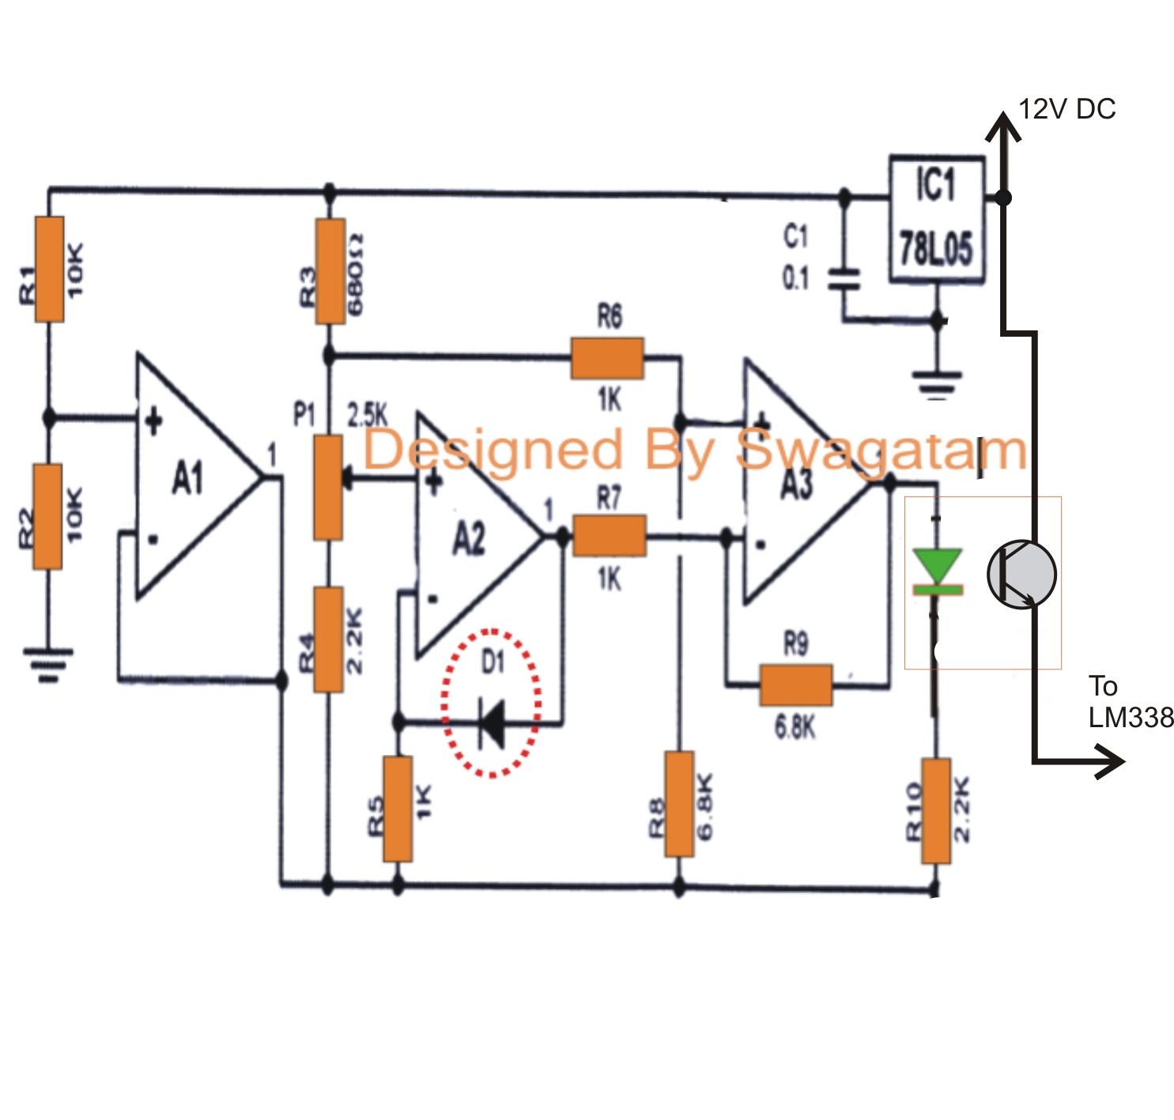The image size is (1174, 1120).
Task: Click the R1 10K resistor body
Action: (50, 270)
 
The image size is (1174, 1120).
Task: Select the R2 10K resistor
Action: (47, 516)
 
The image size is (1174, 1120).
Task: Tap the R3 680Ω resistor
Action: (330, 271)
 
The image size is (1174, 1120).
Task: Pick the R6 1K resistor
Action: (607, 358)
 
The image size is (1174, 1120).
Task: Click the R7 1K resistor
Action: (609, 536)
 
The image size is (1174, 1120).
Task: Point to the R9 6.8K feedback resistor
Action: (796, 684)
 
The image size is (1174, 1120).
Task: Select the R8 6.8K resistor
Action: (680, 804)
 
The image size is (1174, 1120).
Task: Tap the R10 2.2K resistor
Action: (936, 811)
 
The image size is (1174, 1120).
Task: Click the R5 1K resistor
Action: (398, 809)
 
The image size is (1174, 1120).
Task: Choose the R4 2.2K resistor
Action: (328, 639)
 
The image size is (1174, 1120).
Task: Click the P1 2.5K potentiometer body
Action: (328, 487)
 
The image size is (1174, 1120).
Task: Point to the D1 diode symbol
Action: (493, 724)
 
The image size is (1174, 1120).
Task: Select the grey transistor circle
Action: (1021, 575)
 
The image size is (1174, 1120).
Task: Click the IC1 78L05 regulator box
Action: (937, 219)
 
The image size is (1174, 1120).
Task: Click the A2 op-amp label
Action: (469, 539)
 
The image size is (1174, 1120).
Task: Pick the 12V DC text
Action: (1067, 109)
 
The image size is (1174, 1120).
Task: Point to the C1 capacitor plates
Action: (844, 279)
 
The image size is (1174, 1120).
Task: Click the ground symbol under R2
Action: (47, 665)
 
